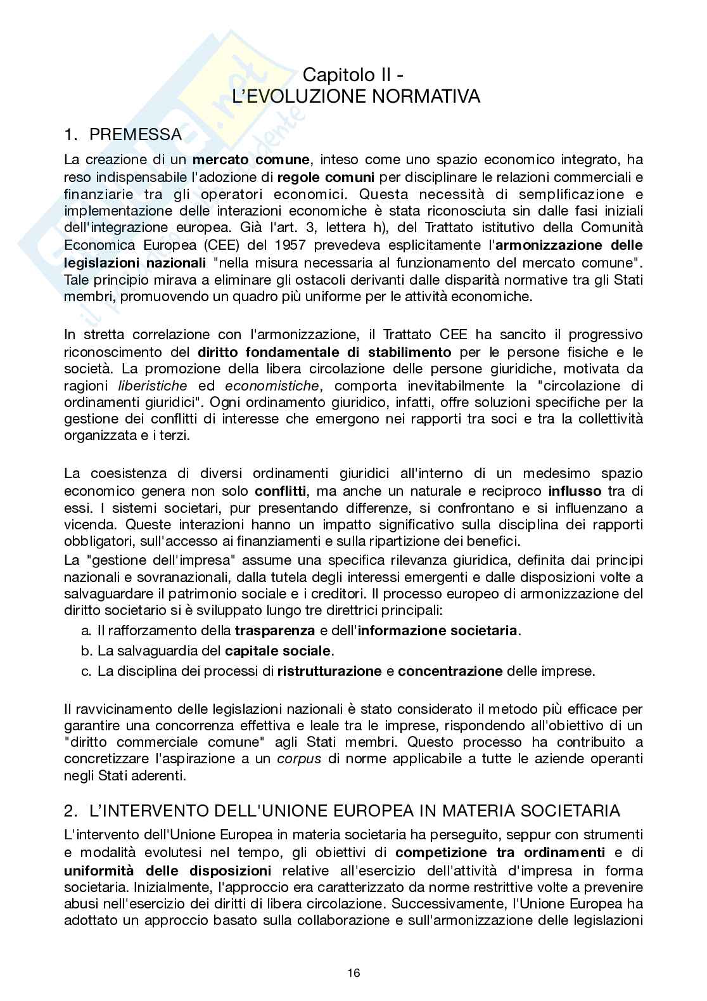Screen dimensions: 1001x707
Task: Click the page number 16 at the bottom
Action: (353, 973)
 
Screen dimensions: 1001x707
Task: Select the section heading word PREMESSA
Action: (136, 134)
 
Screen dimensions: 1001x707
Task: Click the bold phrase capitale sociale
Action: (277, 650)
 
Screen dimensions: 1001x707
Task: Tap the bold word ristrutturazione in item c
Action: (329, 671)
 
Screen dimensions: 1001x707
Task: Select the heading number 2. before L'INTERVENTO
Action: (70, 811)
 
